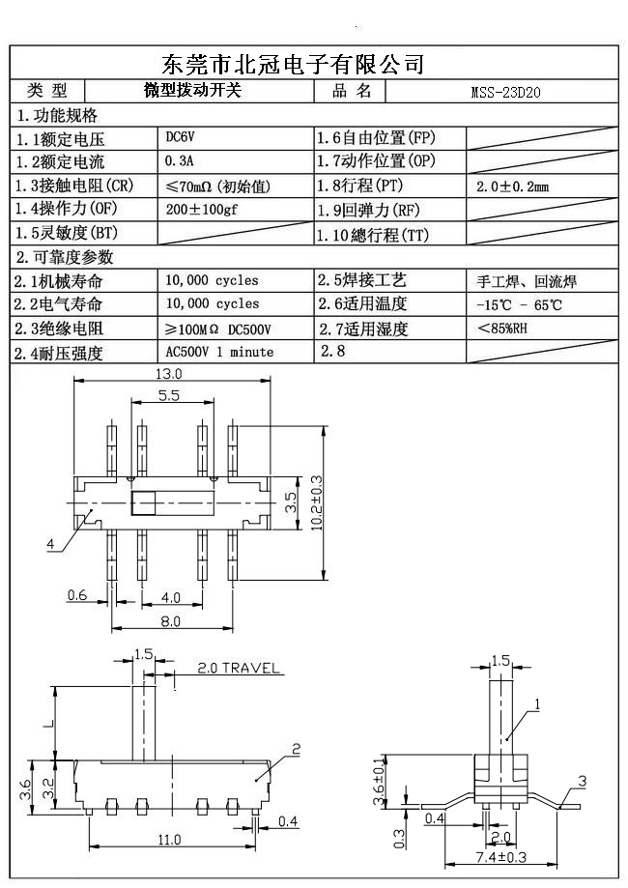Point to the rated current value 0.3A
pos(180,161)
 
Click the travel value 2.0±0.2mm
pos(513,186)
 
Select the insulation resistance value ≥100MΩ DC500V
pos(217,329)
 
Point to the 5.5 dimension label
pos(167,396)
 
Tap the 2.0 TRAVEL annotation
pos(238,668)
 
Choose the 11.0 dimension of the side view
pos(169,841)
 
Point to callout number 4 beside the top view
pos(50,544)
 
